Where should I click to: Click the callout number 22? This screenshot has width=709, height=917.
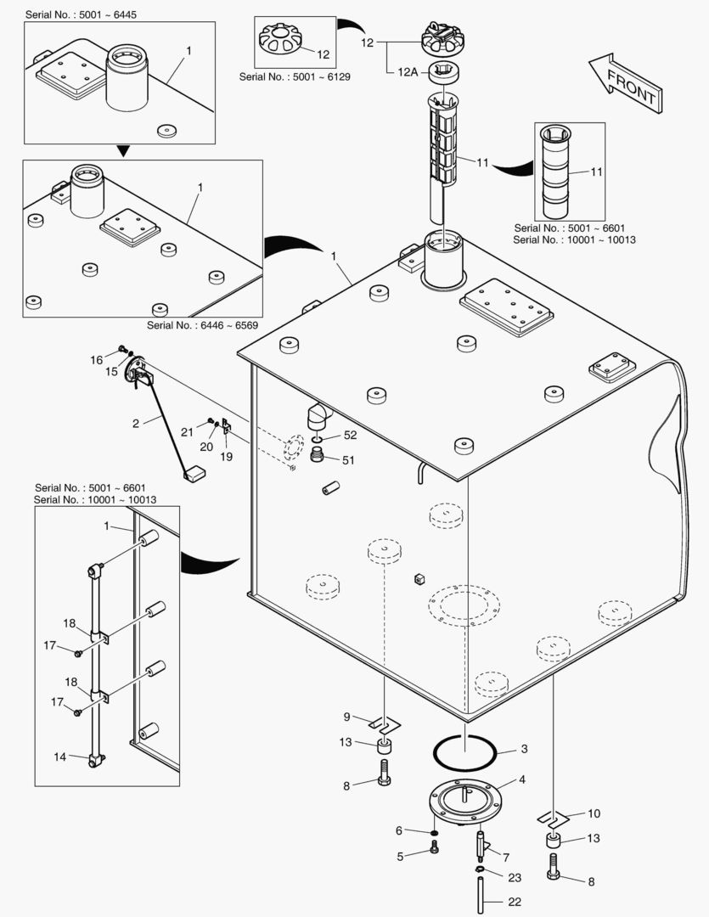[515, 902]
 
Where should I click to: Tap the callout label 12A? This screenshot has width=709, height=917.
[408, 72]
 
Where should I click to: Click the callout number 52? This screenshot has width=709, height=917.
[350, 435]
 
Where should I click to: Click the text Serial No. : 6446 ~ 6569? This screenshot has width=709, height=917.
[202, 324]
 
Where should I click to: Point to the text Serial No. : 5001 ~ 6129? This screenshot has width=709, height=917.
[295, 76]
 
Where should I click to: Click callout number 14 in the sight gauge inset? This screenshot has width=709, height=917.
[59, 757]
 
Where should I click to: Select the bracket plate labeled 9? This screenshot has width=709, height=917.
[384, 724]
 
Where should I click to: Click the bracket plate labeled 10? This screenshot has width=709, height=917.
[552, 819]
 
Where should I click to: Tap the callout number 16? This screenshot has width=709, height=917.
[97, 360]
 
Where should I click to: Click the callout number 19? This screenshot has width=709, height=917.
[226, 457]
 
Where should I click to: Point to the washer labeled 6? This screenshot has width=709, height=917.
[434, 830]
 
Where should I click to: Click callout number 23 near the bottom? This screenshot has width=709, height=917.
[515, 877]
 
